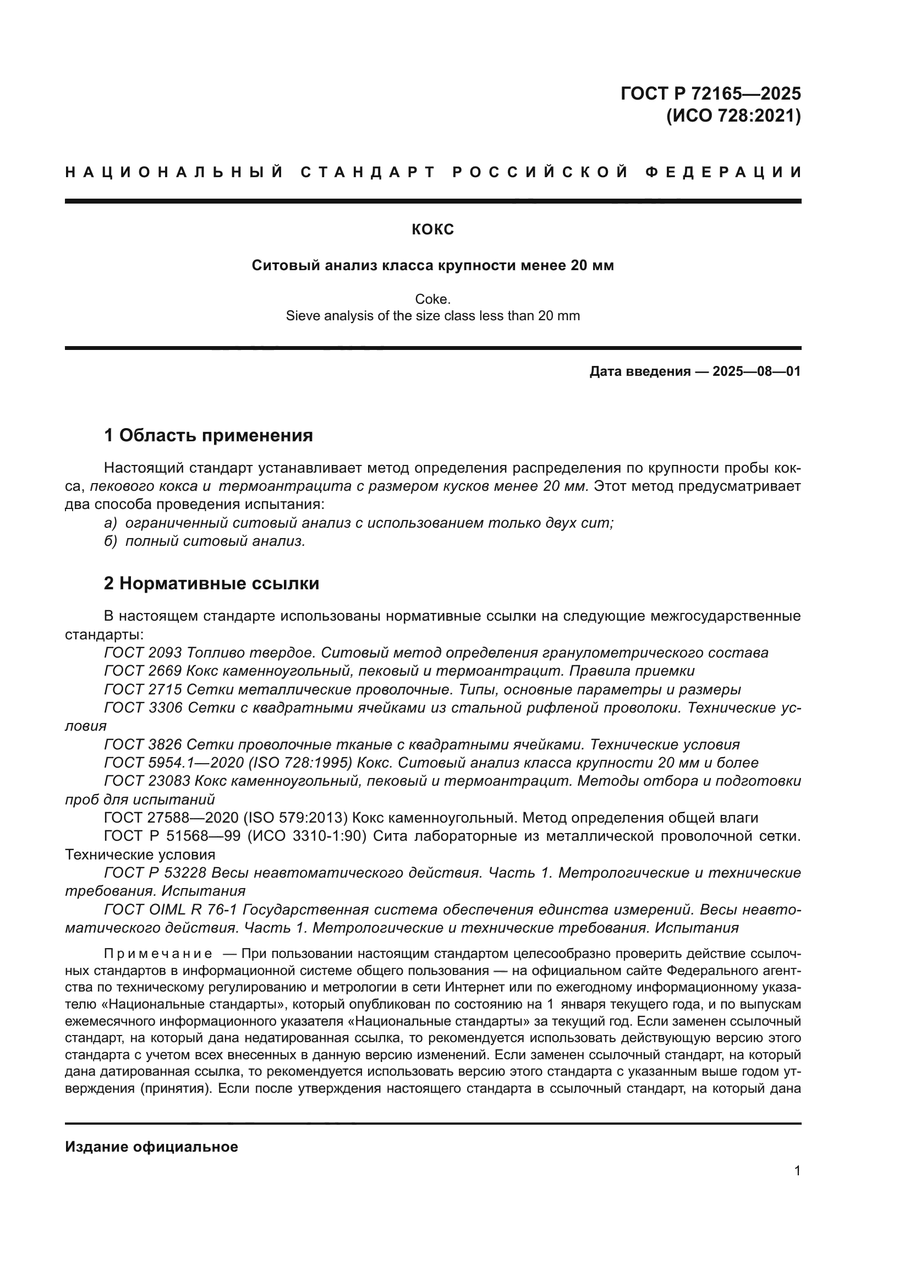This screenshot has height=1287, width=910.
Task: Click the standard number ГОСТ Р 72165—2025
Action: [710, 93]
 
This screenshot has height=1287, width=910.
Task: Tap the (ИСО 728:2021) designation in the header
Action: [733, 116]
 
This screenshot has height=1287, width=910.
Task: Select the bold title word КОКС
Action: [432, 229]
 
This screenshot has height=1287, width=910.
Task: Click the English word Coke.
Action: [432, 299]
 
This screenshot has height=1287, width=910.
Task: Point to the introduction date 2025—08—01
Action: [756, 371]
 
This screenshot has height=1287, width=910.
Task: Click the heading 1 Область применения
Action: [209, 435]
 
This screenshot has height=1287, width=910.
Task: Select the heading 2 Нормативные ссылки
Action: [211, 583]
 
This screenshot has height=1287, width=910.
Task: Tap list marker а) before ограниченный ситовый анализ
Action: [111, 523]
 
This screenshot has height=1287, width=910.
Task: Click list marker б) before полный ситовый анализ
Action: [111, 541]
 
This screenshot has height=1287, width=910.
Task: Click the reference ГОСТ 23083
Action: [147, 781]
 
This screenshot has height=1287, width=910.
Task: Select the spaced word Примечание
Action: [158, 954]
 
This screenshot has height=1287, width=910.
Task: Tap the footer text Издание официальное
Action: [151, 1147]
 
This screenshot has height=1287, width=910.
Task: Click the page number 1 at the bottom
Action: [797, 1171]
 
